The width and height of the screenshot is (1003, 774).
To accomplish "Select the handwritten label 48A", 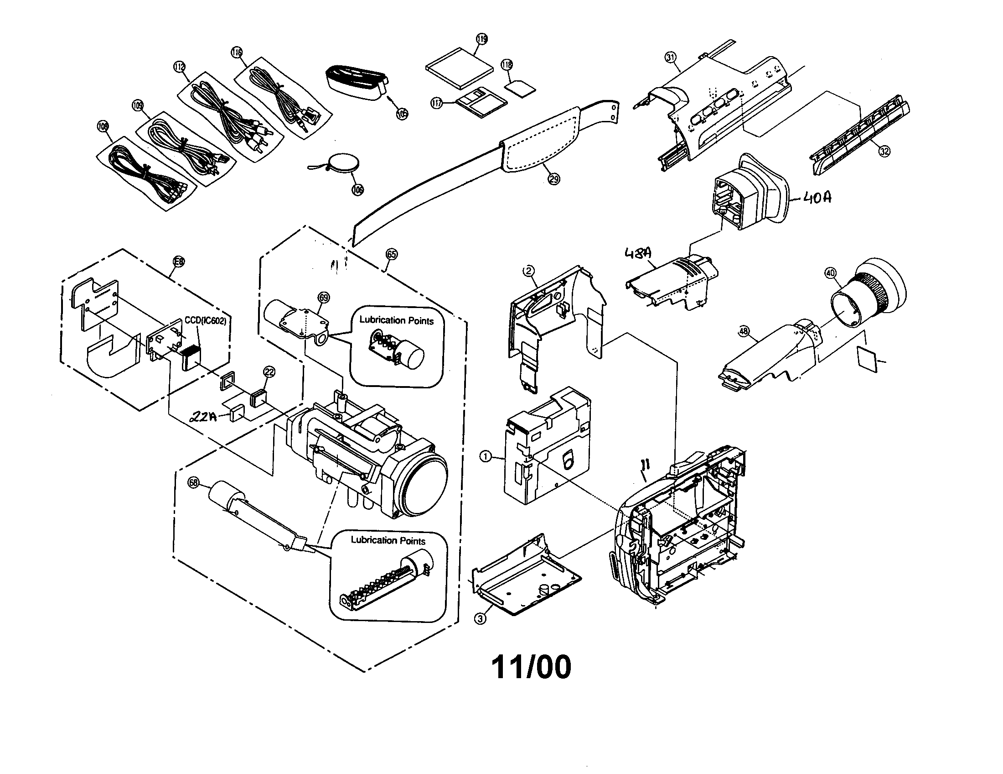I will click(638, 253).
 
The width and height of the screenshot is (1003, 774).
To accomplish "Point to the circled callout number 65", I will click(392, 254).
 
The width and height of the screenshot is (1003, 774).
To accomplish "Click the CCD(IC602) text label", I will click(205, 321).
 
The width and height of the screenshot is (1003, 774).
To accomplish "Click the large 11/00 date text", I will click(531, 667).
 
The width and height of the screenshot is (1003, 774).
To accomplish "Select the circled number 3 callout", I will click(480, 619).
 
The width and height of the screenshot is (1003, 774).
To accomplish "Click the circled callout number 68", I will click(194, 482).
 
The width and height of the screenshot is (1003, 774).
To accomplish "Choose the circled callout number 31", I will click(671, 58).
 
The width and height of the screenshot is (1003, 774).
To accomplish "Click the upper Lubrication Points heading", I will click(396, 320).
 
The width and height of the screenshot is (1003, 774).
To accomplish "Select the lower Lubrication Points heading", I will click(388, 540).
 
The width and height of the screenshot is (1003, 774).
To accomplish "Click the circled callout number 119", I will click(481, 39).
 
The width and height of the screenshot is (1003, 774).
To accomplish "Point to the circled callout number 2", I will click(529, 271).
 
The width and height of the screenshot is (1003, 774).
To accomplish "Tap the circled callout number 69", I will click(324, 298).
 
